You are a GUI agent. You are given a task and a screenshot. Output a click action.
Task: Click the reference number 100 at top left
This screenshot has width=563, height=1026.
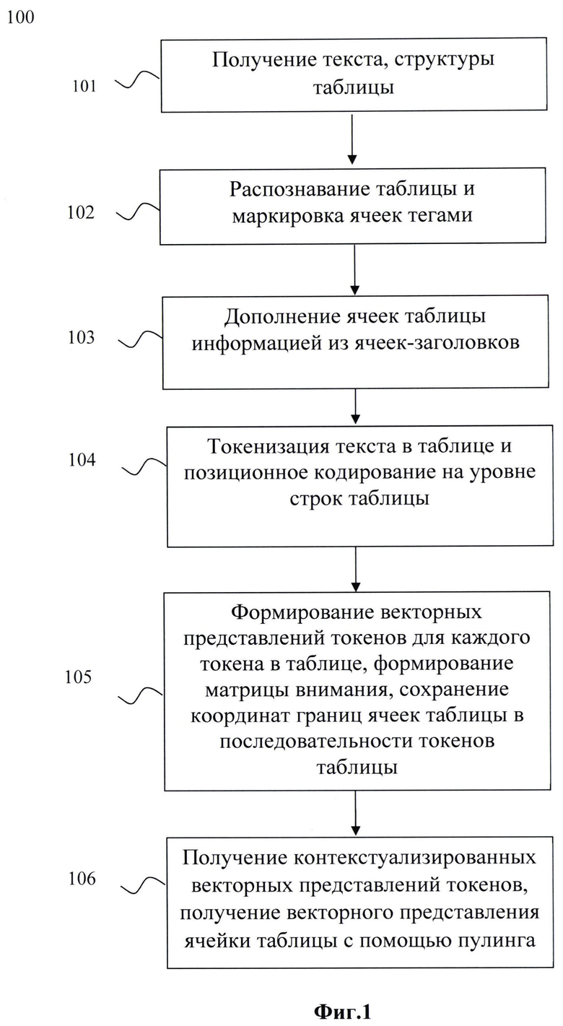click(21, 17)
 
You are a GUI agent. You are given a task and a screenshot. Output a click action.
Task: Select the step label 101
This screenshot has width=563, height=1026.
click(84, 86)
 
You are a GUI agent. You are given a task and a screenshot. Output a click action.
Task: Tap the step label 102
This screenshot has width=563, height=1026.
click(81, 212)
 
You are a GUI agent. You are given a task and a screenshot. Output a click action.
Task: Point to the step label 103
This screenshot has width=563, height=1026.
click(82, 338)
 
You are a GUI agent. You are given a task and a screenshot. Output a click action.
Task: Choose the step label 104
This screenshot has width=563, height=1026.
click(82, 459)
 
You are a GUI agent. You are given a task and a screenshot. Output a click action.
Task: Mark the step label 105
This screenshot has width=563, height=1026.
click(78, 677)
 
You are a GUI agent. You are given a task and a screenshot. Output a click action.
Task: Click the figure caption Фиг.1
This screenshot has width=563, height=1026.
click(343, 1012)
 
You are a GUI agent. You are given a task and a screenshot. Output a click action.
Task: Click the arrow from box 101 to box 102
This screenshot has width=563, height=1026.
click(352, 139)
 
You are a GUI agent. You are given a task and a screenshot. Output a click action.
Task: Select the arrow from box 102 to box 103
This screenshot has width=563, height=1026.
click(354, 270)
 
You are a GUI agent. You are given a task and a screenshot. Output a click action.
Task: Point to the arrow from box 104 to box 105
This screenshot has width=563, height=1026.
click(356, 570)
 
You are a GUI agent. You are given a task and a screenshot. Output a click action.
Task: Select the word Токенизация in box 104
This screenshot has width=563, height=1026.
click(269, 446)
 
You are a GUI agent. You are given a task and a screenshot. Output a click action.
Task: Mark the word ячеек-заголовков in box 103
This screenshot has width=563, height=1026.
click(437, 343)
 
